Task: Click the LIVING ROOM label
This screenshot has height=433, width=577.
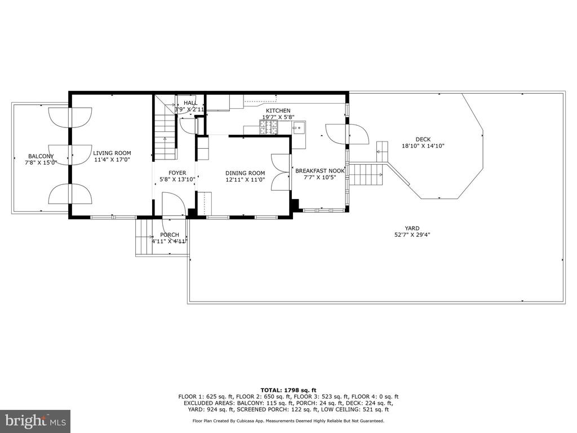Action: [112, 153]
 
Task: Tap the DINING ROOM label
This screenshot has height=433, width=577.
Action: [245, 173]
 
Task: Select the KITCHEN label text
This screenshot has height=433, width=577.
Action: [278, 111]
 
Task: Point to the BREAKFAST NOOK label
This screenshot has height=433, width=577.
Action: [320, 171]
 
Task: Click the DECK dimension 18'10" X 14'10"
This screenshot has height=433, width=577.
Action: [423, 146]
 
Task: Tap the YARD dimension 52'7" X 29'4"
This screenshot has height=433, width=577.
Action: [412, 235]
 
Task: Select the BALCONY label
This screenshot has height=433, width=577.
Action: [41, 156]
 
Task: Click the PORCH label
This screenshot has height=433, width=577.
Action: [170, 235]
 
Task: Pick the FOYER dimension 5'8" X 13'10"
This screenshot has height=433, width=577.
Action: [177, 180]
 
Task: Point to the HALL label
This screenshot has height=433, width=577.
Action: [190, 103]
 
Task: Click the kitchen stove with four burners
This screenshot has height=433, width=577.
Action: [269, 127]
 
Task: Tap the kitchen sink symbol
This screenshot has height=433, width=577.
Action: [299, 128]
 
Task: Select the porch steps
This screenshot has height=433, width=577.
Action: [144, 237]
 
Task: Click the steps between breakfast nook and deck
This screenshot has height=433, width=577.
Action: [366, 175]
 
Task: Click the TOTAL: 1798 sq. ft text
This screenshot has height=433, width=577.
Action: [288, 390]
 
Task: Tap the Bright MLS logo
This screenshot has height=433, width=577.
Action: [35, 421]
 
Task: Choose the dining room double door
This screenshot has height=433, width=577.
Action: [281, 172]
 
